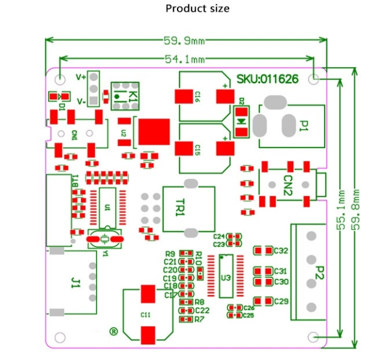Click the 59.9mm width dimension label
pyautogui.click(x=185, y=41)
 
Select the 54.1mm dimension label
pyautogui.click(x=185, y=59)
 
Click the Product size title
pyautogui.click(x=197, y=8)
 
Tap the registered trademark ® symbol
pyautogui.click(x=113, y=331)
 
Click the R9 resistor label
pyautogui.click(x=170, y=254)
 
